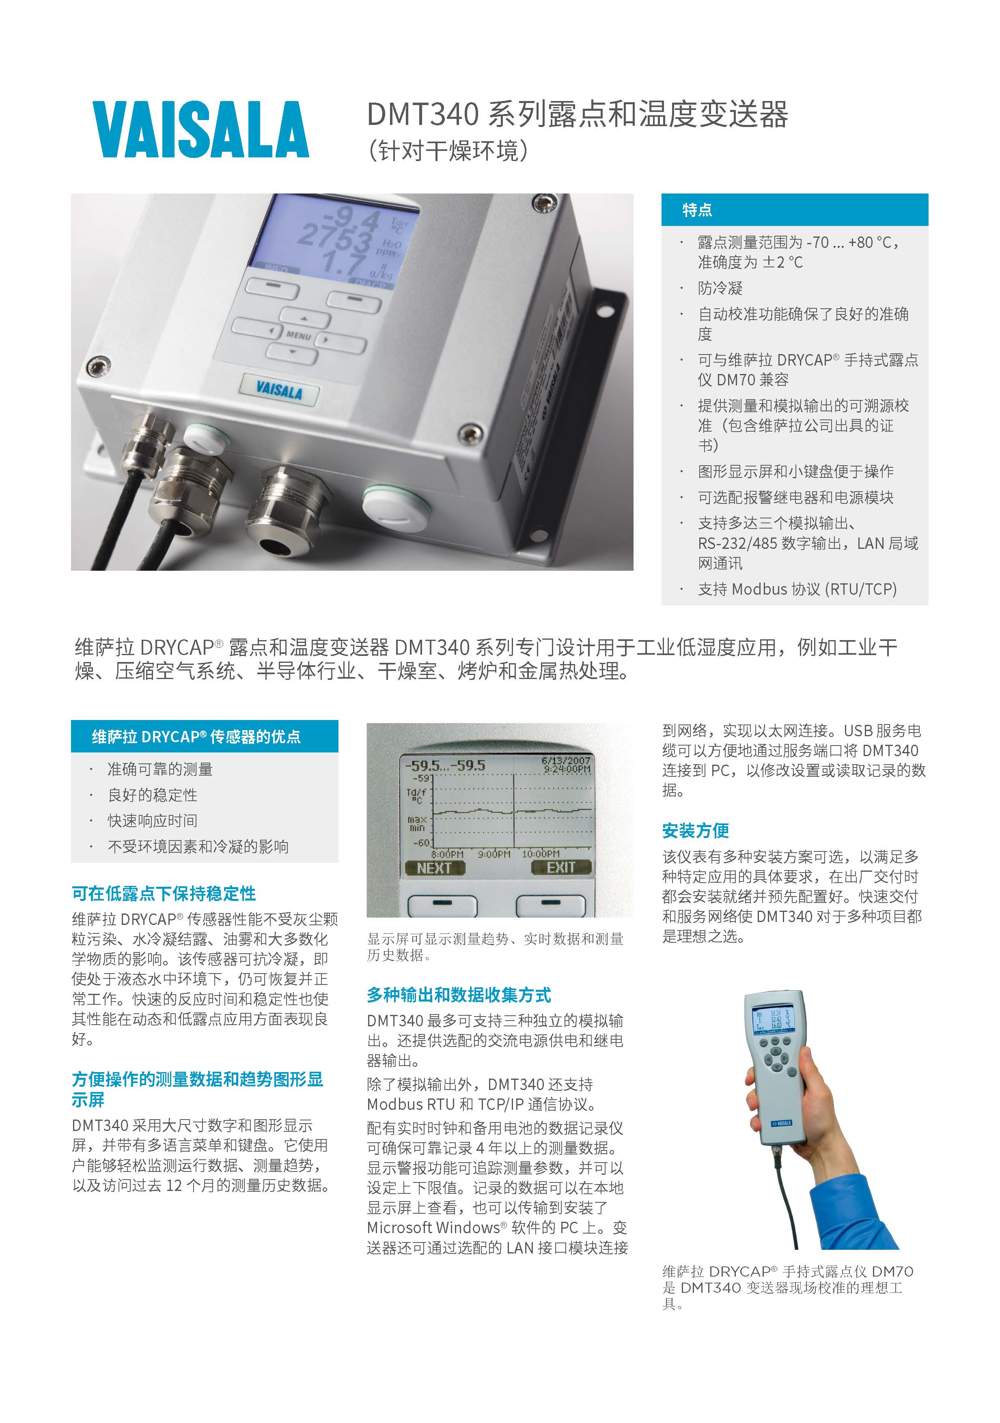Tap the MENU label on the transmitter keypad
[x=298, y=335]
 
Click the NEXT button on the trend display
[x=435, y=868]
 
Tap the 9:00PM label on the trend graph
[x=494, y=853]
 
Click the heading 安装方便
[x=695, y=830]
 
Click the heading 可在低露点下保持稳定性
[x=164, y=893]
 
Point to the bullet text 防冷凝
[x=720, y=288]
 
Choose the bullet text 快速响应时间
[x=153, y=821]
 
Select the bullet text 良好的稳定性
[x=153, y=795]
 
